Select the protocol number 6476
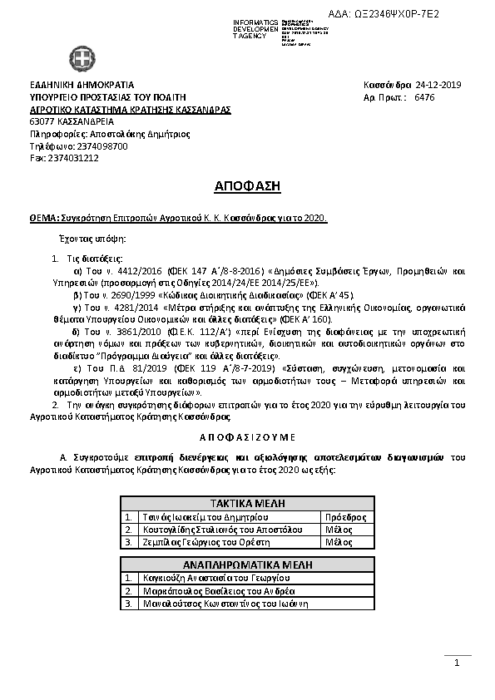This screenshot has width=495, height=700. [423, 97]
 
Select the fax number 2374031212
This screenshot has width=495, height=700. [73, 157]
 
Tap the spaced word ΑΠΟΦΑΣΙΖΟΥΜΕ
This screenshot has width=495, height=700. [247, 436]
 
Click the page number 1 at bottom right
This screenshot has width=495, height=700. [457, 663]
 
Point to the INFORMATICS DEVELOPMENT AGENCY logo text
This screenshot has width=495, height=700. [254, 27]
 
